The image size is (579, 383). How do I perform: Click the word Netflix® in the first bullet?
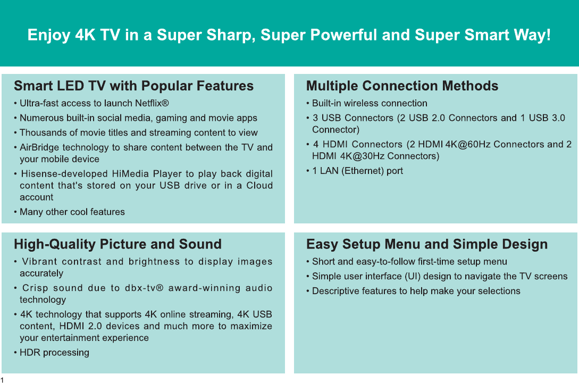pos(152,103)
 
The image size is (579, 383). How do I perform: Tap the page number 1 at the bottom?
pos(2,380)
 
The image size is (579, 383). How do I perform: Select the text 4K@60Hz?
pos(468,144)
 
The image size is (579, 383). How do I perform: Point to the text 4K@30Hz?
pos(362,156)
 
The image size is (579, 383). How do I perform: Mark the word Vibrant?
pos(39,262)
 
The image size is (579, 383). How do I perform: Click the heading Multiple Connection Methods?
pos(402,86)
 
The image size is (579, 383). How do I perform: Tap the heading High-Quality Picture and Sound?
pos(118,244)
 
